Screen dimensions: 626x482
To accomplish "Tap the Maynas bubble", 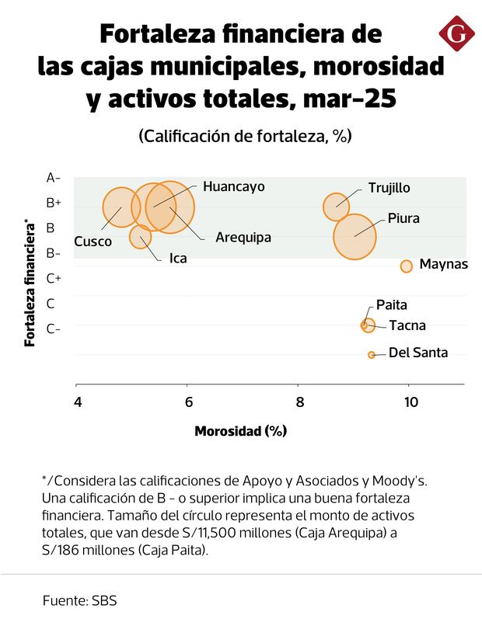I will click(x=406, y=266).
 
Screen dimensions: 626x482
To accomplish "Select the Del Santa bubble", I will click(x=372, y=354).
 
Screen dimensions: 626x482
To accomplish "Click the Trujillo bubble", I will click(x=337, y=206).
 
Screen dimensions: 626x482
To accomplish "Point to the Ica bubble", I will click(x=141, y=236).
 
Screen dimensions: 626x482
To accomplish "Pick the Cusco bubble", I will click(x=120, y=207).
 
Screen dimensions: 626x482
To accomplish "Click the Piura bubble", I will click(x=355, y=236).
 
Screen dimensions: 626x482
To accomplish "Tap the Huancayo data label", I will click(x=233, y=186).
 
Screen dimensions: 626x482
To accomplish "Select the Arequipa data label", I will click(x=243, y=237).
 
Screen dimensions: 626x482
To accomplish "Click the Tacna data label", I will click(x=407, y=325).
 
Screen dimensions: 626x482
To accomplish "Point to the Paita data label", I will click(x=391, y=305).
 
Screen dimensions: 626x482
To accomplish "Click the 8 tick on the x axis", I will click(x=299, y=402).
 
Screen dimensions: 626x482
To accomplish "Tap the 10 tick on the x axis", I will click(x=410, y=402).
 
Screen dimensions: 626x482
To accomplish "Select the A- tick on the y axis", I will click(x=54, y=178).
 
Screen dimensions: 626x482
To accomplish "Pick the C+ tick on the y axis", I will click(x=54, y=278).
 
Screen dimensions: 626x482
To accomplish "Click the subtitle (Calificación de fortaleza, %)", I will click(x=245, y=136).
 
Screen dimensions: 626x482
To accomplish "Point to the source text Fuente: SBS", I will click(x=80, y=600).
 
